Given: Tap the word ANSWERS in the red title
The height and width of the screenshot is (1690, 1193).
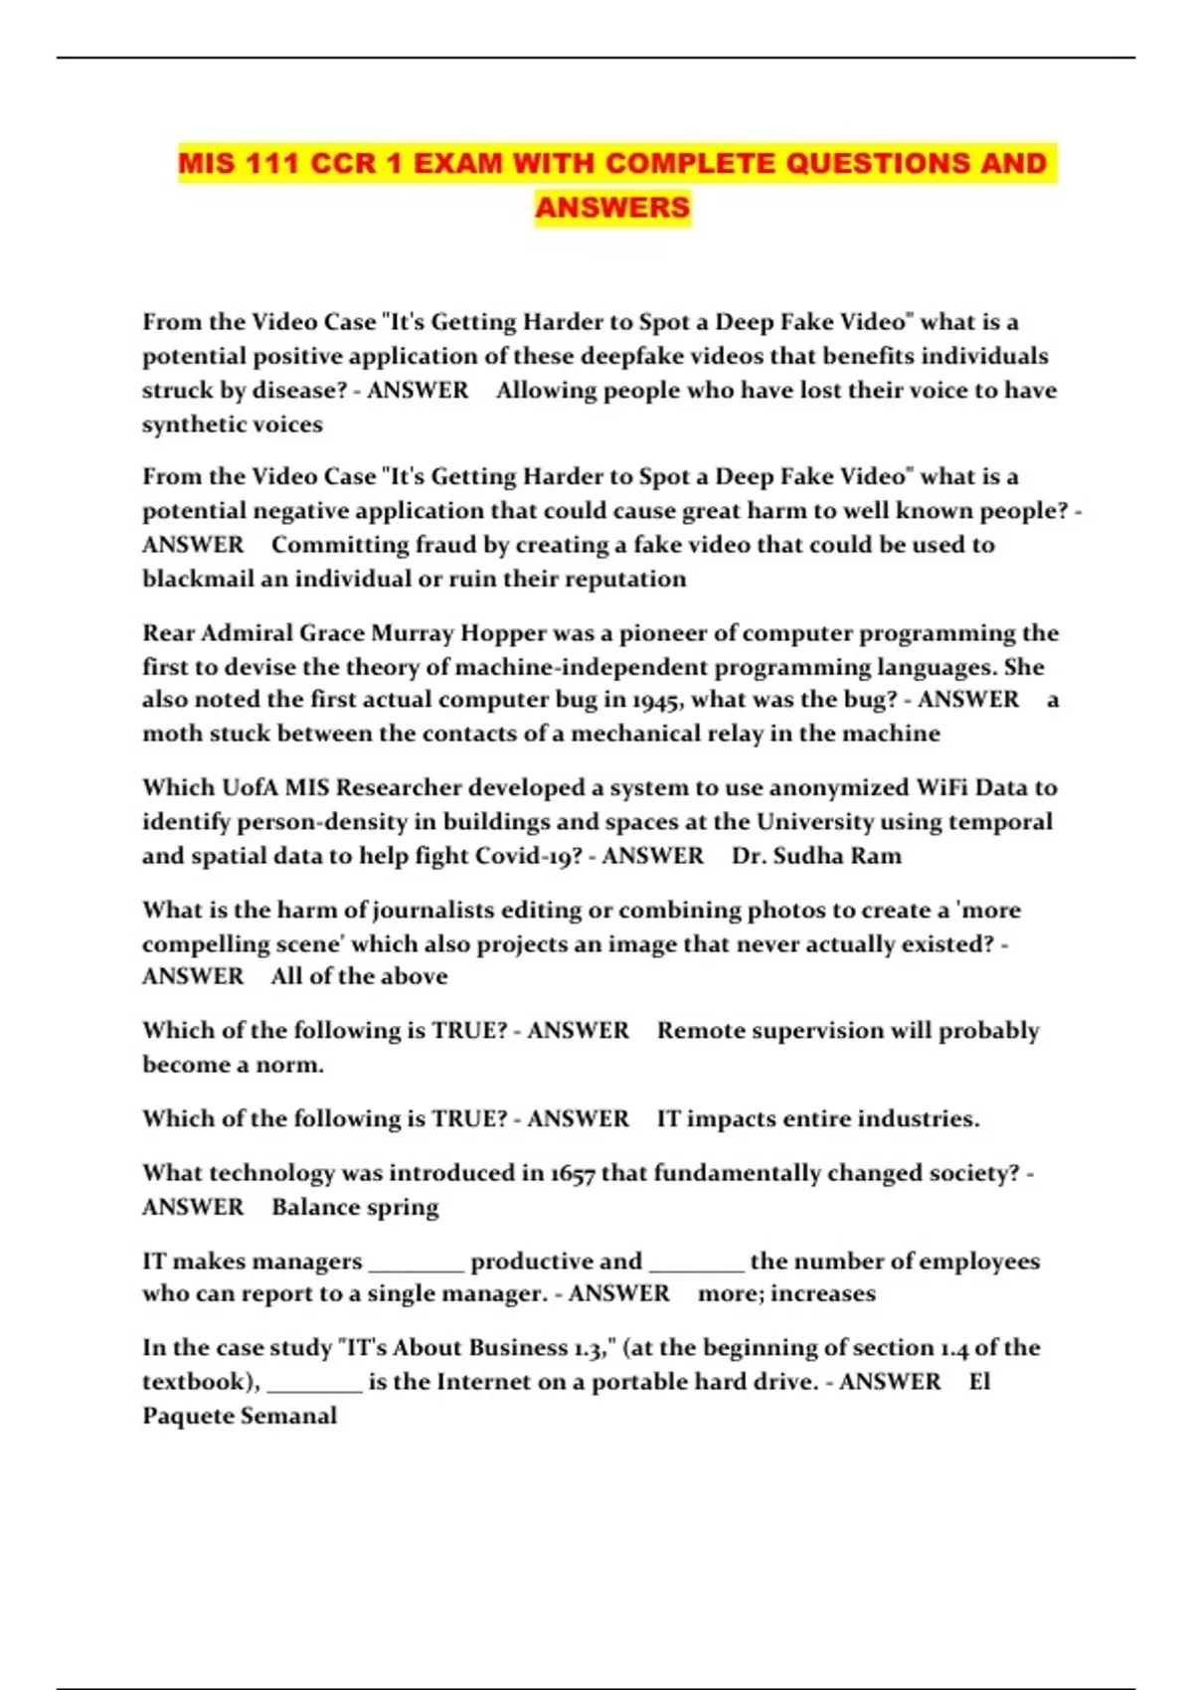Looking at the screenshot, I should (x=612, y=208).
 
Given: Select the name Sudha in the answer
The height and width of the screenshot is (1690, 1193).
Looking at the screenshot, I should (x=815, y=856).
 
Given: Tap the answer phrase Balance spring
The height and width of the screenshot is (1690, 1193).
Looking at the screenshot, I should (x=355, y=1207).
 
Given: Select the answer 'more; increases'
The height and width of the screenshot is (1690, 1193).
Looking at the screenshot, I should (x=786, y=1293).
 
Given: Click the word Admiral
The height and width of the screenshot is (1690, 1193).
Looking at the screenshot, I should (x=247, y=633).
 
